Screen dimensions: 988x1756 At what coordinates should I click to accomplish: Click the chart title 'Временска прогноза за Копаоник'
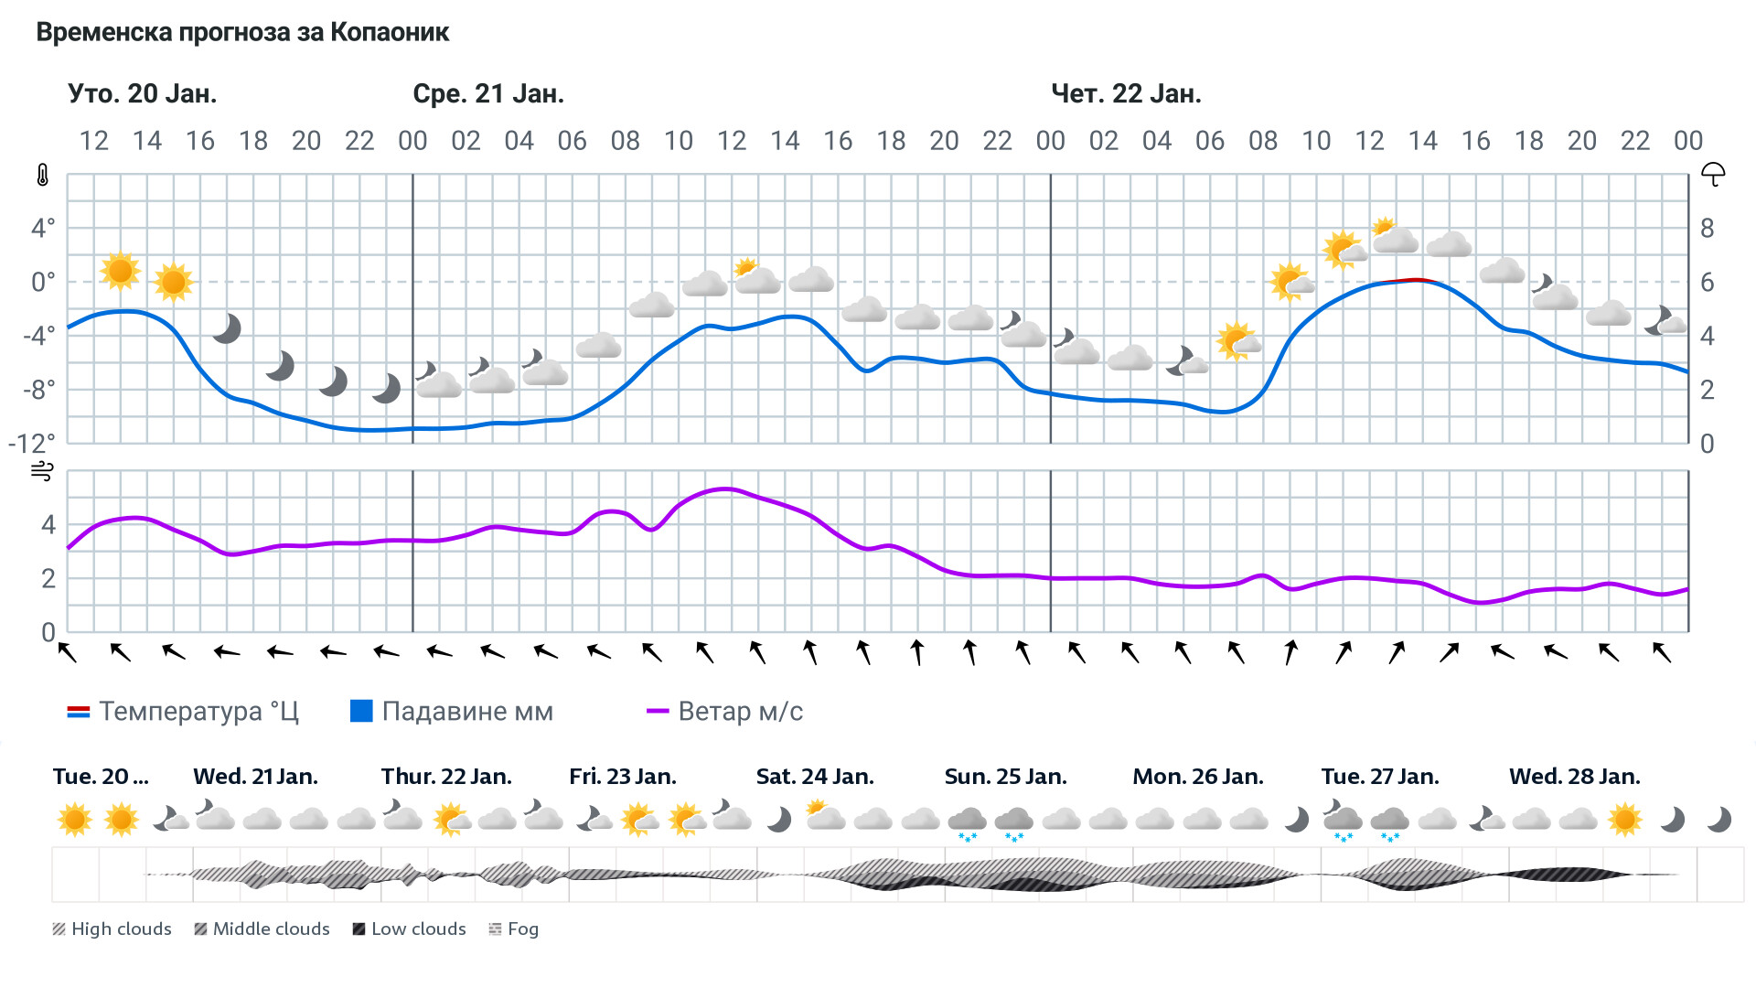click(x=242, y=33)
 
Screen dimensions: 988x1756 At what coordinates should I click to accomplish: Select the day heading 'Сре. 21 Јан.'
click(x=488, y=94)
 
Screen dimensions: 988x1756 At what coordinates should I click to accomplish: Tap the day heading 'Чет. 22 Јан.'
click(x=1126, y=94)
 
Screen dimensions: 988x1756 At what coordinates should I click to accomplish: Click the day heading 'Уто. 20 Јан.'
click(x=142, y=94)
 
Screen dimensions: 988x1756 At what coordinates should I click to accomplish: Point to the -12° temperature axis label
click(x=32, y=444)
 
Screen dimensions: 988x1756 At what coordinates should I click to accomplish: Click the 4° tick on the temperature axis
click(x=43, y=228)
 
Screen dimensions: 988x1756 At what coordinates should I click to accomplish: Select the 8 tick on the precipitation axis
click(x=1707, y=229)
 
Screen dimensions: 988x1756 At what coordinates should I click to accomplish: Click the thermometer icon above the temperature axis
click(x=43, y=175)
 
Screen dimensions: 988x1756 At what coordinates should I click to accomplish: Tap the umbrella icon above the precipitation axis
click(x=1713, y=174)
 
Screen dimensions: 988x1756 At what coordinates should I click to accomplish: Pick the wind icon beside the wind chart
click(x=43, y=471)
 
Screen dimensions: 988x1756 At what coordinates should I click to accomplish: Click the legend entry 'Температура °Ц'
click(x=183, y=712)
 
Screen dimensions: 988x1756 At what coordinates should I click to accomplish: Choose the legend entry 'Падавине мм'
click(x=453, y=712)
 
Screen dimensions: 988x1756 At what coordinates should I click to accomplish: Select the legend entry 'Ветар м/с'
click(x=725, y=712)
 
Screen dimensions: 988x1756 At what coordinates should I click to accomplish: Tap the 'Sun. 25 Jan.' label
click(x=1005, y=777)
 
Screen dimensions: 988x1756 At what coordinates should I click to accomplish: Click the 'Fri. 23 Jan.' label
click(x=623, y=777)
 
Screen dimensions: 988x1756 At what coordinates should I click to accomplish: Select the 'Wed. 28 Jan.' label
click(x=1574, y=777)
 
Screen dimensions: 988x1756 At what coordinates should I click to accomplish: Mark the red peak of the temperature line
click(x=1416, y=279)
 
